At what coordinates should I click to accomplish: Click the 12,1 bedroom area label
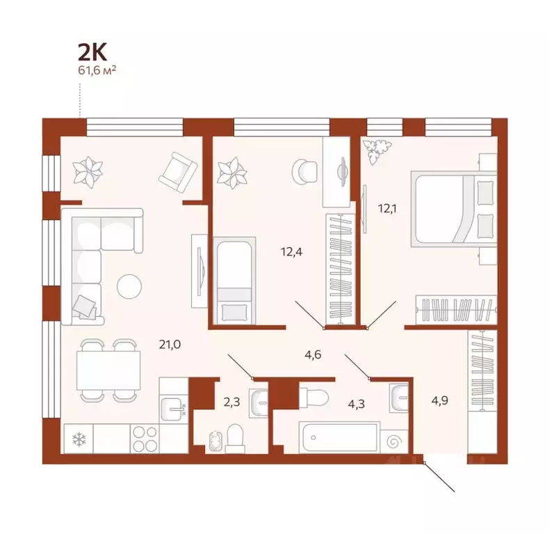(x=388, y=206)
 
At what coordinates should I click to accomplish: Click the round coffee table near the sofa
(x=129, y=287)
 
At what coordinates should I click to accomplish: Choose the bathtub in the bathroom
(x=339, y=438)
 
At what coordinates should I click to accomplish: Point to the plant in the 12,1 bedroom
(x=379, y=148)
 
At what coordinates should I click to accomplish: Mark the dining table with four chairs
(x=108, y=370)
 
